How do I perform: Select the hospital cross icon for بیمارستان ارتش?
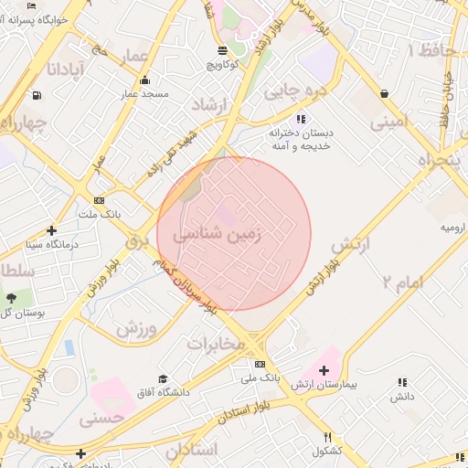[324, 370]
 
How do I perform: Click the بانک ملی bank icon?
[261, 364]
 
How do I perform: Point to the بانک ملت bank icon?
[99, 201]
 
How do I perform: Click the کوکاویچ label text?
[223, 66]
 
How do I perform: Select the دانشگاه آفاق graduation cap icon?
[163, 378]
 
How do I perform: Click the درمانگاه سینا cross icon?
[51, 230]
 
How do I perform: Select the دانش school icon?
[402, 382]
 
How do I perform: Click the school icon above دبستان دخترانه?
[302, 119]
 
